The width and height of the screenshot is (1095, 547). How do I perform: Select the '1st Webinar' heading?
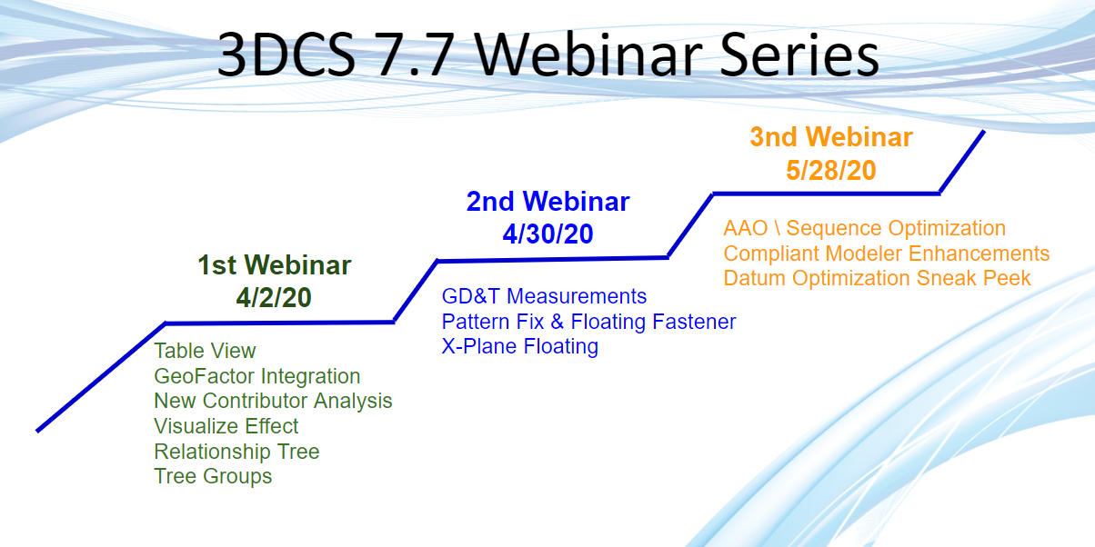click(x=274, y=265)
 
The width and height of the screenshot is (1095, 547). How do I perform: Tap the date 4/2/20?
click(x=274, y=298)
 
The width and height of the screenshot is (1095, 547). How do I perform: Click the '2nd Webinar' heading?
click(x=547, y=202)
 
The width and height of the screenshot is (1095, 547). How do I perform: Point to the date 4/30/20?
click(x=547, y=234)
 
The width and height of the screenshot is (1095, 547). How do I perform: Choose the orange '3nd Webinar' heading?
click(x=831, y=137)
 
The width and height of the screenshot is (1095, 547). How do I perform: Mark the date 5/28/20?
click(x=831, y=170)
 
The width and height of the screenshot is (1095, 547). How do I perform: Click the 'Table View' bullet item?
click(x=205, y=351)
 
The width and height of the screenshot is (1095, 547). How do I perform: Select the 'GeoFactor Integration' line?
click(x=256, y=376)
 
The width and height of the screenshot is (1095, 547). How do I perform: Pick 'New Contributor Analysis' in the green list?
click(x=273, y=401)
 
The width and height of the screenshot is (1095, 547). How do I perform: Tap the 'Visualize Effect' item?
click(x=226, y=426)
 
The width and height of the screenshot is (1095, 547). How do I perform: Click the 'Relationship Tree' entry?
click(x=236, y=452)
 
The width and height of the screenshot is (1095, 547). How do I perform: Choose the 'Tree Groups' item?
click(x=213, y=476)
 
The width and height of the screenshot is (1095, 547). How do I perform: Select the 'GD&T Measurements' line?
click(x=544, y=296)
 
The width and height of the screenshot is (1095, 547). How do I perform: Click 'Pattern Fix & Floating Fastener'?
click(x=588, y=322)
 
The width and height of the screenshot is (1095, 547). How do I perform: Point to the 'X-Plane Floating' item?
click(x=519, y=346)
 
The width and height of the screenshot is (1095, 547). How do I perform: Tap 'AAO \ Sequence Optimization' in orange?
click(x=864, y=228)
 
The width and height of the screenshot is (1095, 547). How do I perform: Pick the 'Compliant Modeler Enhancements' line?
click(x=887, y=254)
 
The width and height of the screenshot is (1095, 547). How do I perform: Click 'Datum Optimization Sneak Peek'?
click(x=877, y=278)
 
